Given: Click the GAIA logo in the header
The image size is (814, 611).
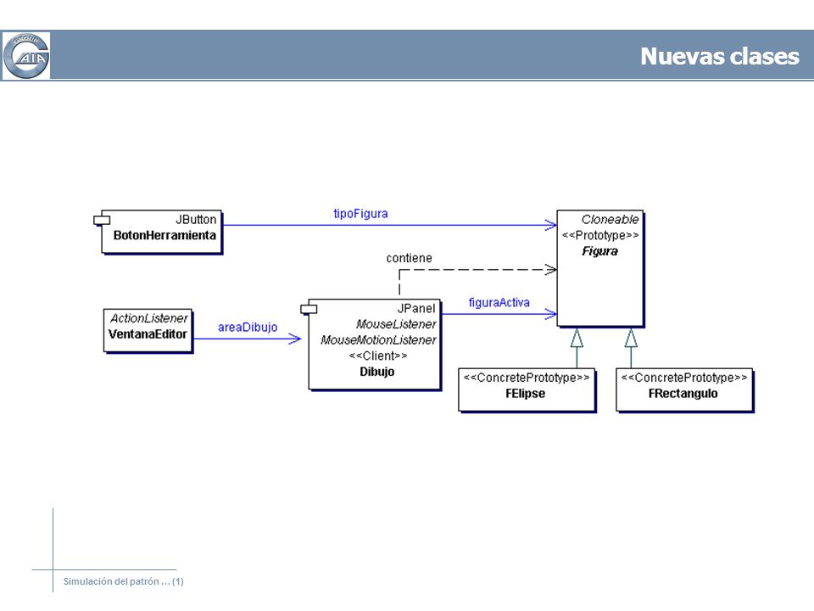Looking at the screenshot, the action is coord(26,56).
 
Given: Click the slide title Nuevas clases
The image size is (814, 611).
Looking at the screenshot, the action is coord(720,56).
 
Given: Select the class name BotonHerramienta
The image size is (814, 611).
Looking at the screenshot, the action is coord(164,235).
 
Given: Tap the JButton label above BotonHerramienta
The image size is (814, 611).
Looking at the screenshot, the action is coord(196,219).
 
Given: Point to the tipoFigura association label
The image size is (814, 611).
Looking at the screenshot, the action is coord(361,214).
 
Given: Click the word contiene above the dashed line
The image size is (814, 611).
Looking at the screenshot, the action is coord(409,258).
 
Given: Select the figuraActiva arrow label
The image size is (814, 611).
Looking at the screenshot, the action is coord(499,302).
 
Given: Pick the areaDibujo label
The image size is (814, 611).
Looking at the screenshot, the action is coord(248,328).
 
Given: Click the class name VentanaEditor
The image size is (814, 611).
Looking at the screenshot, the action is coord(148,334).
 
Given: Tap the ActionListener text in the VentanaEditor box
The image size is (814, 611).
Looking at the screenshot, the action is coord(149,318).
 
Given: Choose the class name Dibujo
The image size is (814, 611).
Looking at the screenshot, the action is coord(376,372).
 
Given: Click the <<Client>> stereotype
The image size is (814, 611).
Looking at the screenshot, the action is coord(378,356).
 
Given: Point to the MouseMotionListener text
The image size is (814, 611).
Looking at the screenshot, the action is coord(378,339).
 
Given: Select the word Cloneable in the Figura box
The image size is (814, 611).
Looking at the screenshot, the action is coord(610,219).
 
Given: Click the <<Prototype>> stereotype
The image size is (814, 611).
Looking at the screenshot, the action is coord(600,235).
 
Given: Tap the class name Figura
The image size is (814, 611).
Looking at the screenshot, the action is coord(599,251).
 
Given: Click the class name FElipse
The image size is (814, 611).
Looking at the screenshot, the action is coord(526,393).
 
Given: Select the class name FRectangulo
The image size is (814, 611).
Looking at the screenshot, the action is coord(683,393).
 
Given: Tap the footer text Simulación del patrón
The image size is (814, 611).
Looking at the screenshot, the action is coord(111,581).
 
